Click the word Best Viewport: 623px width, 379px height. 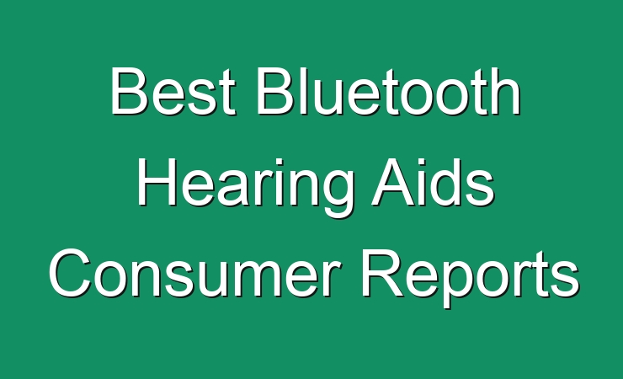tap(173, 91)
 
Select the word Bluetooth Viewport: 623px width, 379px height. tap(389, 91)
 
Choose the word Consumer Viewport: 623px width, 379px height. tap(194, 274)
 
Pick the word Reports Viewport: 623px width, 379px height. tap(470, 278)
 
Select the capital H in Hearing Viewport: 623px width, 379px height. tap(156, 182)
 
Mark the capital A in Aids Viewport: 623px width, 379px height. tap(393, 182)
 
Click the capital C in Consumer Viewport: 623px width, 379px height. tap(70, 274)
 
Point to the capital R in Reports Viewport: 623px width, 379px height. tap(382, 274)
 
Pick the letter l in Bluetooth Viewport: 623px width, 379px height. tap(301, 91)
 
